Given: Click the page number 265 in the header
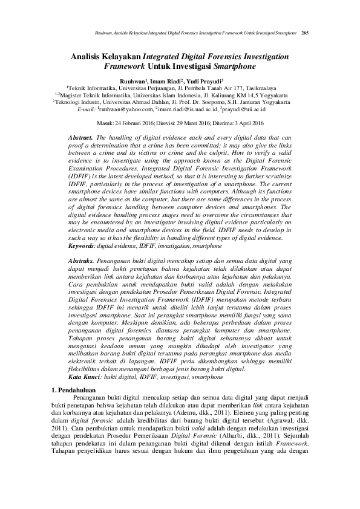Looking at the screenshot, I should click(306, 31).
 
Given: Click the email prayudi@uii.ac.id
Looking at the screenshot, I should click(246, 110).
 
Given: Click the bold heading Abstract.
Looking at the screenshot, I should click(81, 138).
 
